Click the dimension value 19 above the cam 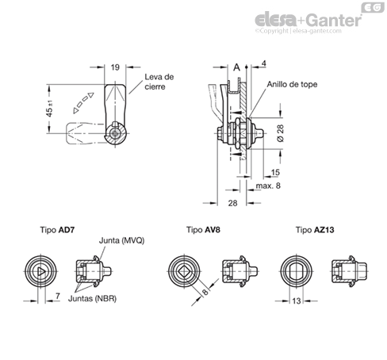(x=115, y=67)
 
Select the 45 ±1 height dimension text (x=49, y=109)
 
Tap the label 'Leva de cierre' (x=159, y=82)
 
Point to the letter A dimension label (x=236, y=67)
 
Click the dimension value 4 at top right (x=263, y=63)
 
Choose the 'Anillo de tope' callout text (x=292, y=84)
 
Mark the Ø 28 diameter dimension (x=280, y=133)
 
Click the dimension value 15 (x=275, y=172)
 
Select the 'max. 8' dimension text (x=268, y=186)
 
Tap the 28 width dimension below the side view (x=232, y=203)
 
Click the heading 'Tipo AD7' (x=57, y=230)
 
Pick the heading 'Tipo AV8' (x=203, y=230)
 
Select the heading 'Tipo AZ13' (x=315, y=230)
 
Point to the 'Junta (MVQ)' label (x=121, y=240)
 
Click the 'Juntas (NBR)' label (x=92, y=298)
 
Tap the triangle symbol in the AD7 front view (x=40, y=271)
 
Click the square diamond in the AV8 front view (x=184, y=271)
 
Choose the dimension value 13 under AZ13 (x=297, y=301)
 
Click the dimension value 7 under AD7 (x=58, y=296)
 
